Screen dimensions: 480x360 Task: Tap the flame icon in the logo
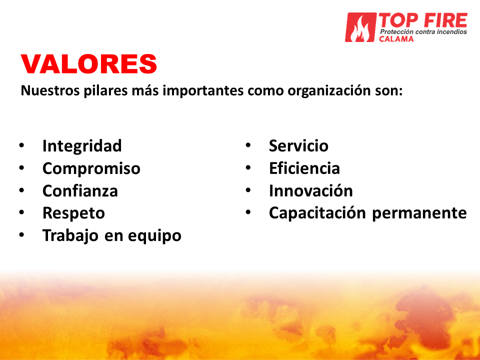coord(360,27)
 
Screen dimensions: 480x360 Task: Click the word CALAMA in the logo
coord(396,39)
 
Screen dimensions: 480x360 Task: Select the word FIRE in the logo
coord(445,20)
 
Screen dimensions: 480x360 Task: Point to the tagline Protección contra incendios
coord(423,32)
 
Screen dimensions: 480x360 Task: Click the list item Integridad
coord(82,145)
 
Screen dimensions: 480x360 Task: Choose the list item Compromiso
coord(91,168)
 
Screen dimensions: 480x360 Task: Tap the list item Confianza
coord(80,190)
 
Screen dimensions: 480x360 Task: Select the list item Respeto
coord(74,213)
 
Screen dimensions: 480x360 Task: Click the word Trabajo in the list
coord(70,235)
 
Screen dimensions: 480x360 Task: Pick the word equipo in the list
coord(154,236)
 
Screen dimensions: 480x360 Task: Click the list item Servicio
coord(298,145)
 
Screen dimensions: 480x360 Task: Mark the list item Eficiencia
coord(304,168)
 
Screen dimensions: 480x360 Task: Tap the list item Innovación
coord(310,190)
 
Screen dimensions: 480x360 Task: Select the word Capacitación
coord(317,213)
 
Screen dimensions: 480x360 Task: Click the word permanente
coord(419,213)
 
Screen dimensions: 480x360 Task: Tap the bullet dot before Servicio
coord(248,145)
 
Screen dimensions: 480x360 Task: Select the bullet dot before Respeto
coord(21,212)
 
